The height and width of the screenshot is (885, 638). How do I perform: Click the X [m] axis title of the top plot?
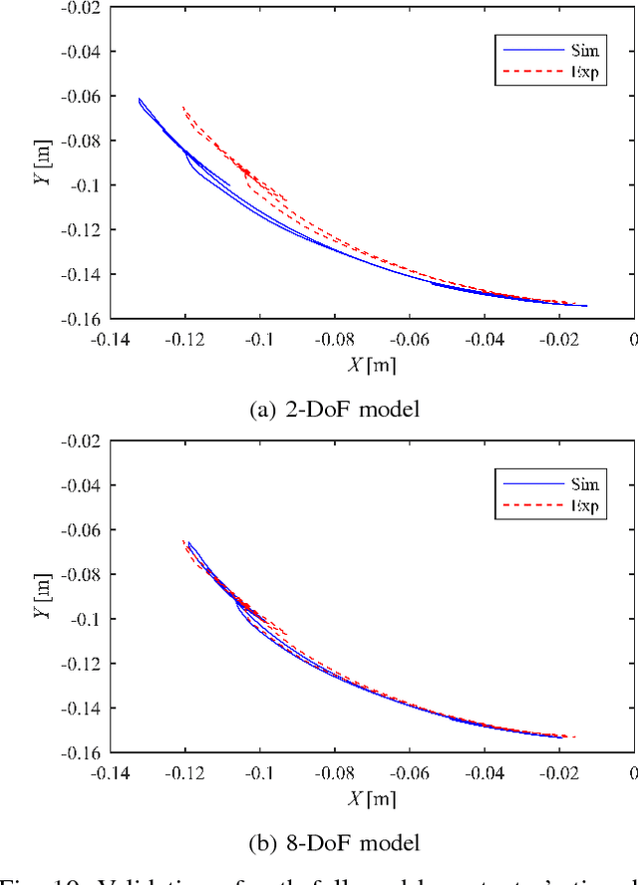pyautogui.click(x=371, y=365)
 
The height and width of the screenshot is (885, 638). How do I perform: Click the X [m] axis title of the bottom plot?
pyautogui.click(x=371, y=798)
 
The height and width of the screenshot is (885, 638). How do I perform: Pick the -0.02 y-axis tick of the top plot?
pyautogui.click(x=80, y=7)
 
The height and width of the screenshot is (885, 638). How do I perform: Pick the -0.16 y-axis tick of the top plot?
pyautogui.click(x=80, y=319)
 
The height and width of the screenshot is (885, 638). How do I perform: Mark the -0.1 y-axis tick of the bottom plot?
pyautogui.click(x=84, y=619)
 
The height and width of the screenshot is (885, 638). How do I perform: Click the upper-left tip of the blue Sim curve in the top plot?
pyautogui.click(x=139, y=99)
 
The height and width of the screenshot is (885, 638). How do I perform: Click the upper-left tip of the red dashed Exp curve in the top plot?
pyautogui.click(x=182, y=107)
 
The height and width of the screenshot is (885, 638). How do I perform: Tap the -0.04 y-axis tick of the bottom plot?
pyautogui.click(x=80, y=485)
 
